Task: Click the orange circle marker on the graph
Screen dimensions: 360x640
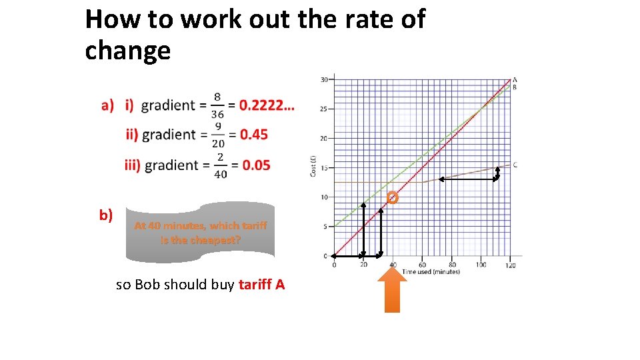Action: (x=392, y=197)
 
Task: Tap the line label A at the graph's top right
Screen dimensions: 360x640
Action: (x=515, y=80)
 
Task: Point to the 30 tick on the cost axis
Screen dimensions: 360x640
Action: (x=325, y=80)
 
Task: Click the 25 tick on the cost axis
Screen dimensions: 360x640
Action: (x=325, y=109)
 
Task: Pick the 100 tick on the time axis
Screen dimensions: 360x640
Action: (x=481, y=265)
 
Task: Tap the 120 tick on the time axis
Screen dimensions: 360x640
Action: (x=510, y=265)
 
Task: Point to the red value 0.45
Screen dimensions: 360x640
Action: (x=254, y=135)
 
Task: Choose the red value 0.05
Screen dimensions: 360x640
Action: (x=257, y=165)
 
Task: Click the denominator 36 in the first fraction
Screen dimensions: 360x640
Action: (x=217, y=114)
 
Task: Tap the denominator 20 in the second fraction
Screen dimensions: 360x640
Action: (x=218, y=144)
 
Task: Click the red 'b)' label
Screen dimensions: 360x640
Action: (x=106, y=215)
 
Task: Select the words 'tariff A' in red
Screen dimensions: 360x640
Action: (x=261, y=285)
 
